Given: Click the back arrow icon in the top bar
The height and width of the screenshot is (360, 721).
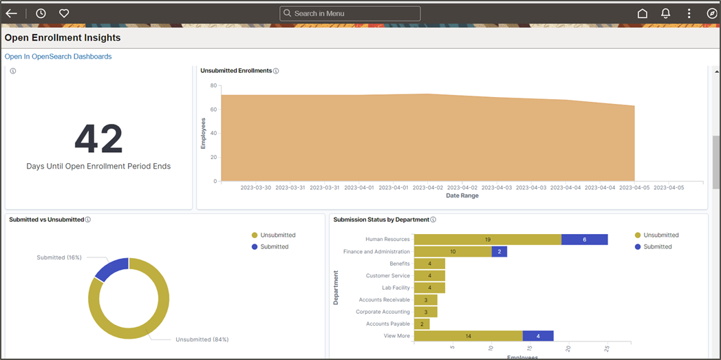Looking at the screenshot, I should click(11, 13).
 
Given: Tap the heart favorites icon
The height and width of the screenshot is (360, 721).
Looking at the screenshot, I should click(64, 13).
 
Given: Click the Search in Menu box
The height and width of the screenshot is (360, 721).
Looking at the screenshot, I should click(350, 13).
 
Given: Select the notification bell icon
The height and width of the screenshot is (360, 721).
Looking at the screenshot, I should click(665, 13).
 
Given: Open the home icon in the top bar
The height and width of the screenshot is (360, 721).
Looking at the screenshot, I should click(643, 13).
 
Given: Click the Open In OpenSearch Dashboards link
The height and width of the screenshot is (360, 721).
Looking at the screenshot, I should click(58, 56).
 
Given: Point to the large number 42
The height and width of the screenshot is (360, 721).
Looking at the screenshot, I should click(98, 139).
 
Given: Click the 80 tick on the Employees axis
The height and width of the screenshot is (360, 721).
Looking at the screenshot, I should click(213, 86).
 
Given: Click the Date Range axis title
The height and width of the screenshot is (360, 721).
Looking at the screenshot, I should click(462, 195).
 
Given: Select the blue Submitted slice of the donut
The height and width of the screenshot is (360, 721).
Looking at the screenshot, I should click(110, 270).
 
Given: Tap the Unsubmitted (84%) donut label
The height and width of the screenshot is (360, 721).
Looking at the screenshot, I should click(202, 339).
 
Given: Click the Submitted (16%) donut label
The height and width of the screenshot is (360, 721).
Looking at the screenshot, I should click(59, 257).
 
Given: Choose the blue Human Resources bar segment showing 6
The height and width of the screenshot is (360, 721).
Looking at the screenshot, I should click(584, 240).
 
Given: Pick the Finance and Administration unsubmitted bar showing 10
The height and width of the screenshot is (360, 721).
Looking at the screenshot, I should click(453, 252).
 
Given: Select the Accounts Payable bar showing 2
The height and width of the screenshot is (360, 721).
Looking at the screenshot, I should click(422, 324).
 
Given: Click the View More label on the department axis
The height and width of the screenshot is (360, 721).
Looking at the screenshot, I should click(396, 336).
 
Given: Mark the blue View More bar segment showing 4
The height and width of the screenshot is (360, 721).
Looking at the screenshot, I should click(539, 336).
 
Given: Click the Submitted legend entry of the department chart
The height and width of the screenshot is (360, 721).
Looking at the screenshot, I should click(658, 246).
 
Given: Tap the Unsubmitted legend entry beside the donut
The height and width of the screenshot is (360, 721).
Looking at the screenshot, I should click(277, 235).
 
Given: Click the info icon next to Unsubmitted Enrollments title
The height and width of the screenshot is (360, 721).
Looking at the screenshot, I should click(276, 71).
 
